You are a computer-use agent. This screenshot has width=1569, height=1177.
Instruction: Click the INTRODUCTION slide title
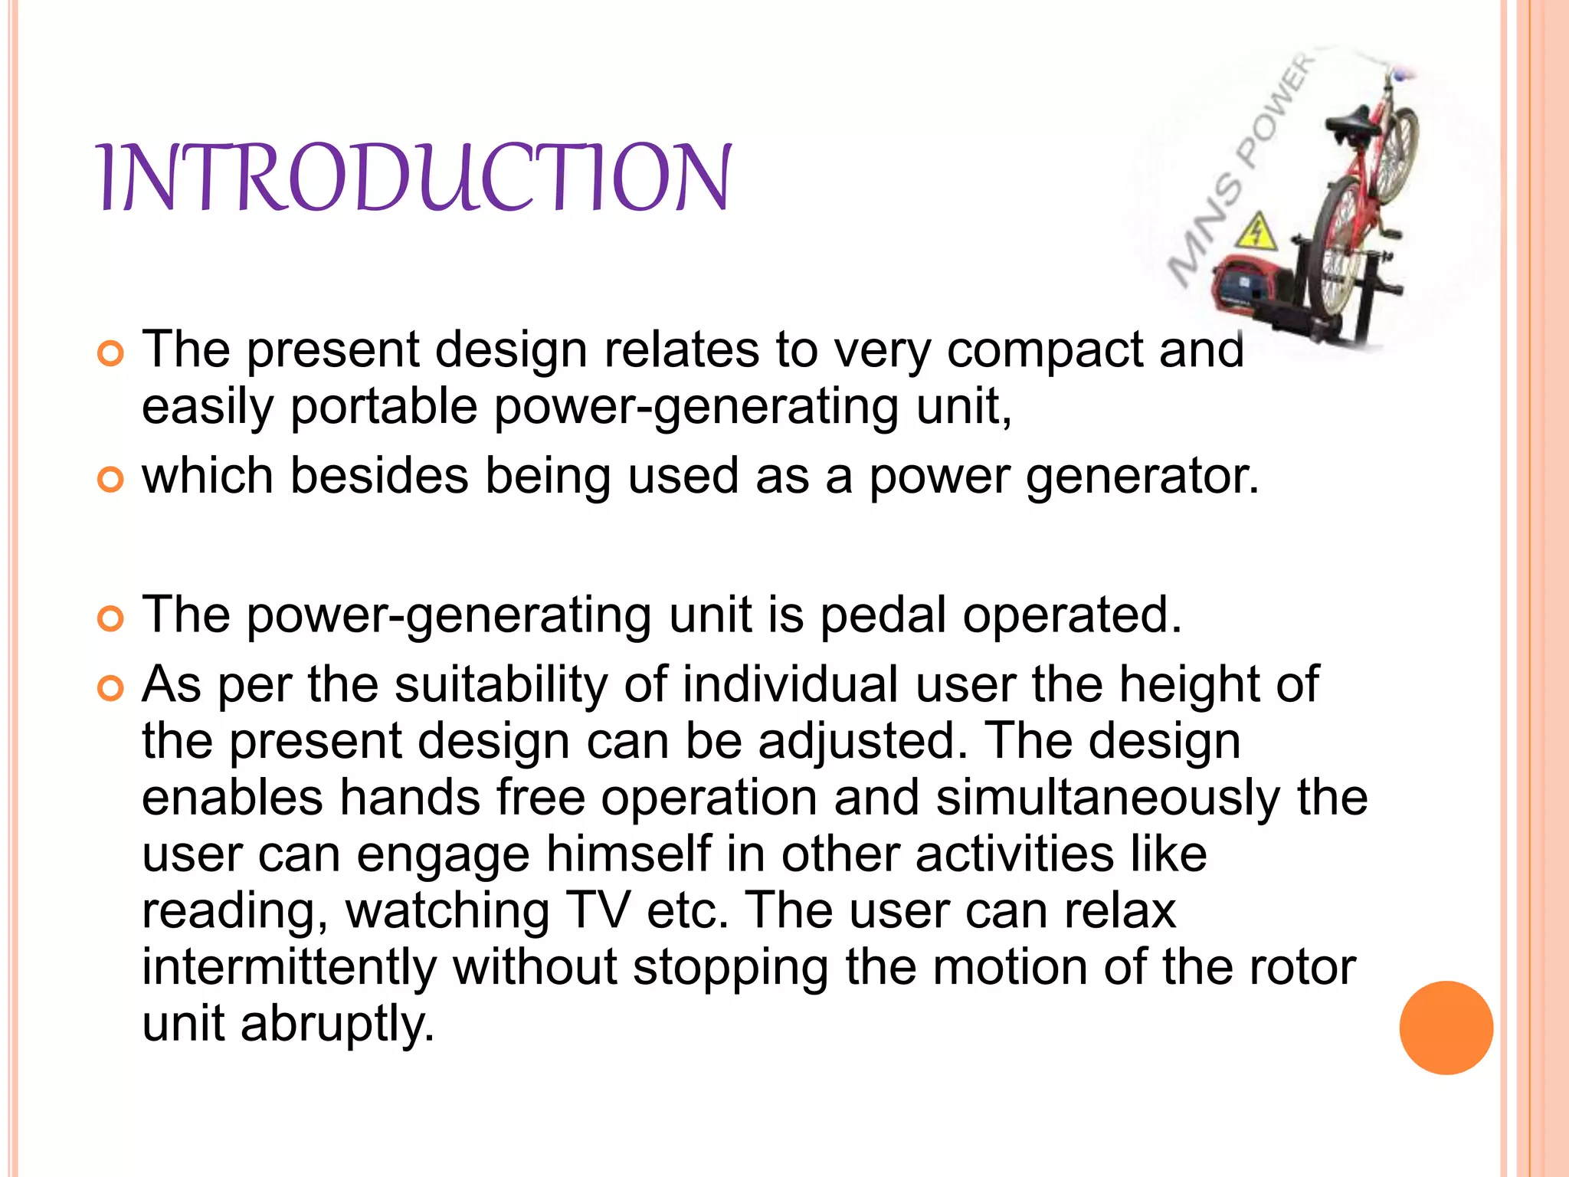[x=414, y=178]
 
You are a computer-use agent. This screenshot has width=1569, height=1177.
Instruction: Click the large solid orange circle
[x=1446, y=1028]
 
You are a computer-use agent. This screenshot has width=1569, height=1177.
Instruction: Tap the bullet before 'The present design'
[x=110, y=354]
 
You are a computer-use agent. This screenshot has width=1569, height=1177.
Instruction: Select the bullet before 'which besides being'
[x=110, y=480]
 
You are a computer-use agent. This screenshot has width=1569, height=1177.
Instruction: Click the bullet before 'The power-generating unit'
[x=110, y=618]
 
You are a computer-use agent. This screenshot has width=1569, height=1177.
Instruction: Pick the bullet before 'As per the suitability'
[x=110, y=688]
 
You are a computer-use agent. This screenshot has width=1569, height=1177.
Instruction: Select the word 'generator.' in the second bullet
[x=1142, y=477]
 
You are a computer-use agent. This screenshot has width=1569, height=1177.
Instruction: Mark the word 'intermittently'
[x=289, y=967]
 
